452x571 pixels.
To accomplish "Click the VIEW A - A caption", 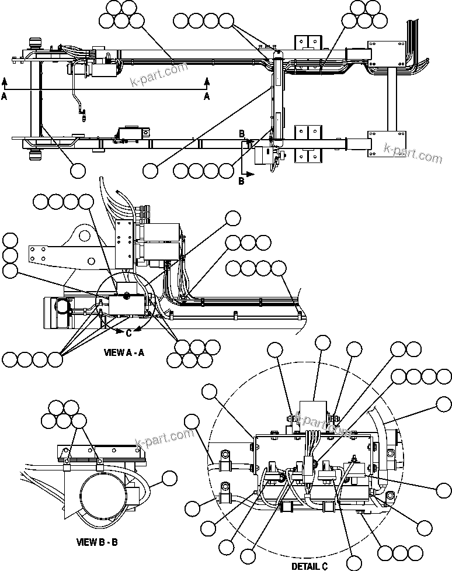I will [x=124, y=352].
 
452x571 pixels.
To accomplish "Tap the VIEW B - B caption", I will [x=96, y=542].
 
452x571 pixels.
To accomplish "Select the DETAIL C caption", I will [x=309, y=565].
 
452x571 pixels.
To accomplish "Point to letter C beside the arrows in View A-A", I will [x=128, y=333].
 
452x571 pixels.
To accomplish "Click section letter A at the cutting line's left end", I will [x=5, y=97].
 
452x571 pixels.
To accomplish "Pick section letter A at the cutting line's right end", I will [x=206, y=97].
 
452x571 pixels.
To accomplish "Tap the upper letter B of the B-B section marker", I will [x=241, y=133].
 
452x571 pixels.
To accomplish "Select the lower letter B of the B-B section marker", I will [x=241, y=181].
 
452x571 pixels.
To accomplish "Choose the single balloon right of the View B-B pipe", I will [x=169, y=478].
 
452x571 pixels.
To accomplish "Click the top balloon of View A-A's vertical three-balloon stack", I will [x=10, y=240].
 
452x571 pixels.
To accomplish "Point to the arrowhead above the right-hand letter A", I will [x=206, y=81].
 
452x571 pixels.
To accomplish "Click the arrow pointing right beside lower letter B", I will [x=250, y=174].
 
